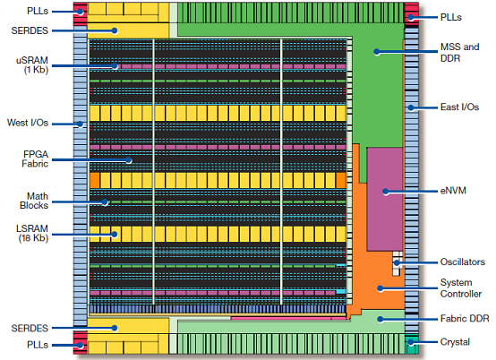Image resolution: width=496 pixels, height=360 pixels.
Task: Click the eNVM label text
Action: tap(453, 191)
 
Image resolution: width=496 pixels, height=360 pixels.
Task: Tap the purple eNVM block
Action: tap(385, 199)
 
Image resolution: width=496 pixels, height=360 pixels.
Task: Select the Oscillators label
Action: tap(463, 261)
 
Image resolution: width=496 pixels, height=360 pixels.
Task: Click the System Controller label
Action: tap(461, 287)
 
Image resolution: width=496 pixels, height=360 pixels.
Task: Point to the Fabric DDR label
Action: tap(465, 318)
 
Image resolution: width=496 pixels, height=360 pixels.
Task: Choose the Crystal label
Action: tap(455, 342)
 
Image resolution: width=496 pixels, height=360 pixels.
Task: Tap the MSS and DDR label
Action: tap(459, 53)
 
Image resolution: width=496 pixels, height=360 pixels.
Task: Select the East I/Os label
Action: tap(459, 107)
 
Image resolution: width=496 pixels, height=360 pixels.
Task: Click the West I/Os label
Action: tap(28, 123)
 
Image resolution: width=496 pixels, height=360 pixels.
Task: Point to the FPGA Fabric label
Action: tap(35, 159)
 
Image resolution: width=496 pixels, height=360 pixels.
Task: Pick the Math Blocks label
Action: tap(34, 201)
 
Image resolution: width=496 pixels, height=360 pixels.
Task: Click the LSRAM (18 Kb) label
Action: tap(33, 233)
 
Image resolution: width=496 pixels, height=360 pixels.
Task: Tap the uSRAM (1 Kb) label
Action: tap(32, 64)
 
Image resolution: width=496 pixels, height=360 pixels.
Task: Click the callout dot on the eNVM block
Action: tap(385, 192)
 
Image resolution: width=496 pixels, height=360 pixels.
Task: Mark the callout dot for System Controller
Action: tap(381, 288)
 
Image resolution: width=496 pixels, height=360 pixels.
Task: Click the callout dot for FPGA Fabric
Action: tap(128, 160)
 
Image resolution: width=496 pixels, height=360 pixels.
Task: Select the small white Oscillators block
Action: tap(398, 263)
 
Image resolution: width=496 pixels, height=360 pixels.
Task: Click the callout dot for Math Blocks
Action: tap(105, 202)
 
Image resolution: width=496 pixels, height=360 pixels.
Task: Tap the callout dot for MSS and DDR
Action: tap(376, 52)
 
